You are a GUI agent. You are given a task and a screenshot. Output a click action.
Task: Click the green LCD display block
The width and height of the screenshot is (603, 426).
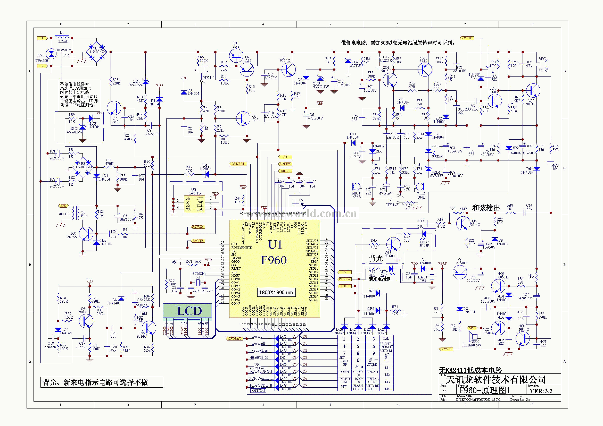click(187, 311)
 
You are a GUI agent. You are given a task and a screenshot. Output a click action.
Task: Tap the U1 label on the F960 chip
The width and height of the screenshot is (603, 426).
click(275, 244)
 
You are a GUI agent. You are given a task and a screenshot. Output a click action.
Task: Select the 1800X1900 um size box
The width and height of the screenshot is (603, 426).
click(276, 293)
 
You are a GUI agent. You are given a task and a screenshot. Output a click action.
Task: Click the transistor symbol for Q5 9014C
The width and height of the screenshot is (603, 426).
click(288, 70)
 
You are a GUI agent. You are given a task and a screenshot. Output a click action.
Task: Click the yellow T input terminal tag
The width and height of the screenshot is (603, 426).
click(43, 38)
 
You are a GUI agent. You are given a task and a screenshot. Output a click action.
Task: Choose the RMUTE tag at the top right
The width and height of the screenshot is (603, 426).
click(466, 38)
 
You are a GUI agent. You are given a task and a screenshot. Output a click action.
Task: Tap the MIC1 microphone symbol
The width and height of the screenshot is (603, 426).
click(356, 186)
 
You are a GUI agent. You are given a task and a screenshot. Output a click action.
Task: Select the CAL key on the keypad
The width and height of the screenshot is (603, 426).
click(386, 339)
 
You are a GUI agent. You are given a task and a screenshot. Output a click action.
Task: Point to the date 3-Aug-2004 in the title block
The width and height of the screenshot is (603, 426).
click(464, 396)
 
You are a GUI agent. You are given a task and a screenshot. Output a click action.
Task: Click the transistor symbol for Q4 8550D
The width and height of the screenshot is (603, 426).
click(460, 272)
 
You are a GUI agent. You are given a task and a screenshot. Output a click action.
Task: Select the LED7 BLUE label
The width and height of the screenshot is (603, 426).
click(424, 244)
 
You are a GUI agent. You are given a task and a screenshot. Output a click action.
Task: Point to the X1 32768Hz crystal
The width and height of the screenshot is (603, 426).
click(198, 283)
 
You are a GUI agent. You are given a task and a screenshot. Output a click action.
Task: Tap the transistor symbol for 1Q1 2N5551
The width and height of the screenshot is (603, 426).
click(86, 233)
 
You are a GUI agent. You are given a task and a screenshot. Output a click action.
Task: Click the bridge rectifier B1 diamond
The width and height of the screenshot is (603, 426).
click(96, 52)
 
